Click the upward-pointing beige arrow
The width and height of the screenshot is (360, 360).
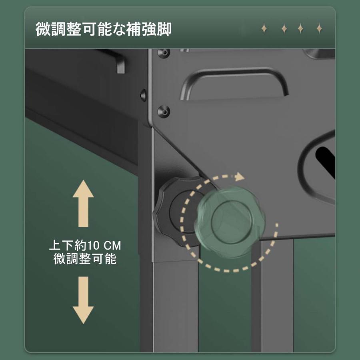pos(83,204)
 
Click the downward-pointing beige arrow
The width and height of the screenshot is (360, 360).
pos(83,300)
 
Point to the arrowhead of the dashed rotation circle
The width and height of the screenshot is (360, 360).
pos(240,176)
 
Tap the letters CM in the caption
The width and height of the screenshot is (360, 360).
pos(112,246)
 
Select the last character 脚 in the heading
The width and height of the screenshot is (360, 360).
pos(164,29)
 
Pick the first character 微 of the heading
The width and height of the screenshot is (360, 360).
pos(43,29)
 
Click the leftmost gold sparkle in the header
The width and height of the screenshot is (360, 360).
pos(264,29)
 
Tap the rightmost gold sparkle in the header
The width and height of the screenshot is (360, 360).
pos(319,29)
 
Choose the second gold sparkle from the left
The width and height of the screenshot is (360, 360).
pos(284,29)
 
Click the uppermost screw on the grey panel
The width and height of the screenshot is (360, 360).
pos(164,52)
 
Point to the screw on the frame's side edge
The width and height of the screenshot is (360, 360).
pos(143,94)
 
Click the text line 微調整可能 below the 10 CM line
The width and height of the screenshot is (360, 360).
pos(85,258)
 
